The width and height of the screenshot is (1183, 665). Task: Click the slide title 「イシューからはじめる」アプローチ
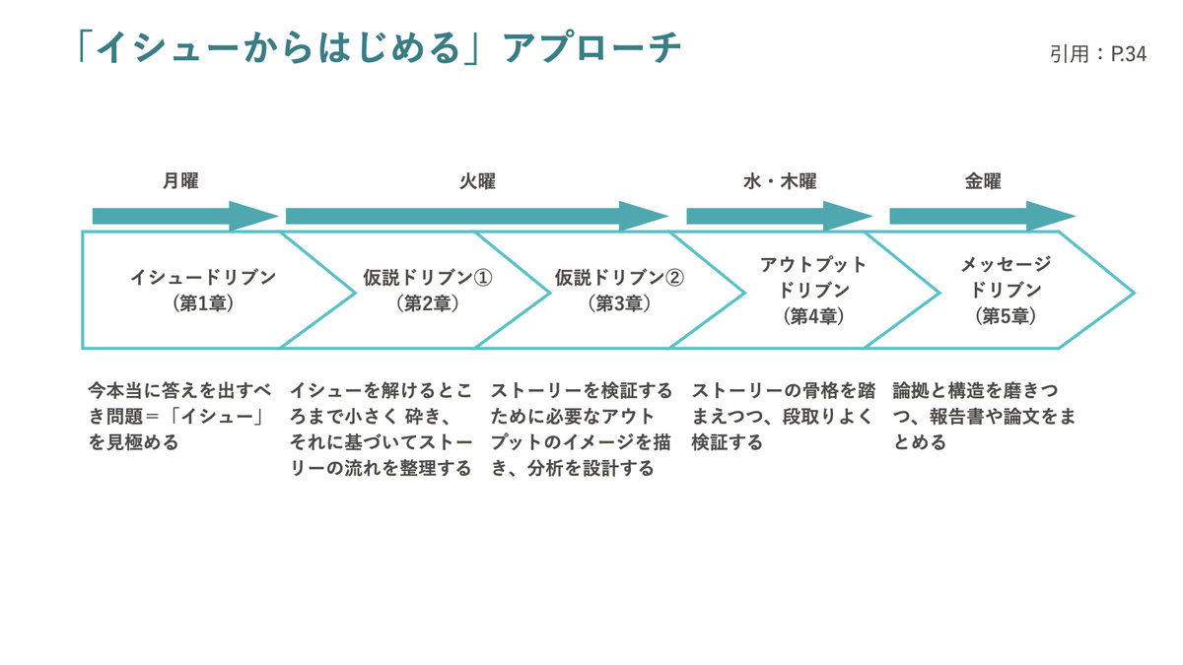tap(380, 47)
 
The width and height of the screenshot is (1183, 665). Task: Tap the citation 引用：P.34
tap(1098, 54)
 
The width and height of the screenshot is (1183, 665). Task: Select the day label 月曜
tap(180, 181)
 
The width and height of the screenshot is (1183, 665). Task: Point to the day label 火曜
tap(477, 181)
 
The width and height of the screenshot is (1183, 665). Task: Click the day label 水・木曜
tap(780, 181)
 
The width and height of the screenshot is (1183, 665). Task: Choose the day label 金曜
tap(983, 181)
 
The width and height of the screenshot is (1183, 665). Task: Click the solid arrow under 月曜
tap(185, 216)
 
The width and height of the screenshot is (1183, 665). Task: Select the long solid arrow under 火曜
tap(477, 216)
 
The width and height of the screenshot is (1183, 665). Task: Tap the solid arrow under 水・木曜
tap(780, 216)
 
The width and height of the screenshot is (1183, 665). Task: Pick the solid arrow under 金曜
tap(983, 216)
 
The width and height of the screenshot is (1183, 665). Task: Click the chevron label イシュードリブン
tap(203, 277)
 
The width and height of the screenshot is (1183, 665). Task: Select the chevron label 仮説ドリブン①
tap(427, 277)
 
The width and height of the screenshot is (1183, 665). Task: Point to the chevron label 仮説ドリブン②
tap(619, 277)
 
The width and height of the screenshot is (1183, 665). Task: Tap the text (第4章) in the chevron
tap(813, 316)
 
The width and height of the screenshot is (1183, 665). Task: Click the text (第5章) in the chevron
tap(1006, 316)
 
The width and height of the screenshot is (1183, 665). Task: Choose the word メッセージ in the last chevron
tap(1006, 264)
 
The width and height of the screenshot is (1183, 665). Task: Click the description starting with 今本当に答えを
tap(179, 417)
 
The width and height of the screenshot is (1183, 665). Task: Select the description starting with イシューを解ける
tap(381, 430)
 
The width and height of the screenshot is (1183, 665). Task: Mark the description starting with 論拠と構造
tap(984, 417)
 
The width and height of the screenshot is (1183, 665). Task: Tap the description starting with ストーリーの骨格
tap(784, 417)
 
